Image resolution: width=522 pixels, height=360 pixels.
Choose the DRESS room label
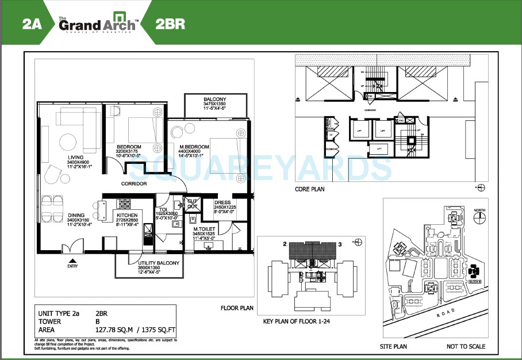pyautogui.click(x=222, y=202)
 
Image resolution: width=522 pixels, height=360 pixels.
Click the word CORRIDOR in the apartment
pyautogui.click(x=133, y=184)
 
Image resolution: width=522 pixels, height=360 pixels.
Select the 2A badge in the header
pyautogui.click(x=32, y=24)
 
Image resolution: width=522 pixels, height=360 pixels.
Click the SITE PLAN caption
pyautogui.click(x=393, y=346)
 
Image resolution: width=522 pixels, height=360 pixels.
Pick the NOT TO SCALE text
pyautogui.click(x=466, y=346)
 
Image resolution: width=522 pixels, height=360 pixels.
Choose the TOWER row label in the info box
pyautogui.click(x=49, y=322)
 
